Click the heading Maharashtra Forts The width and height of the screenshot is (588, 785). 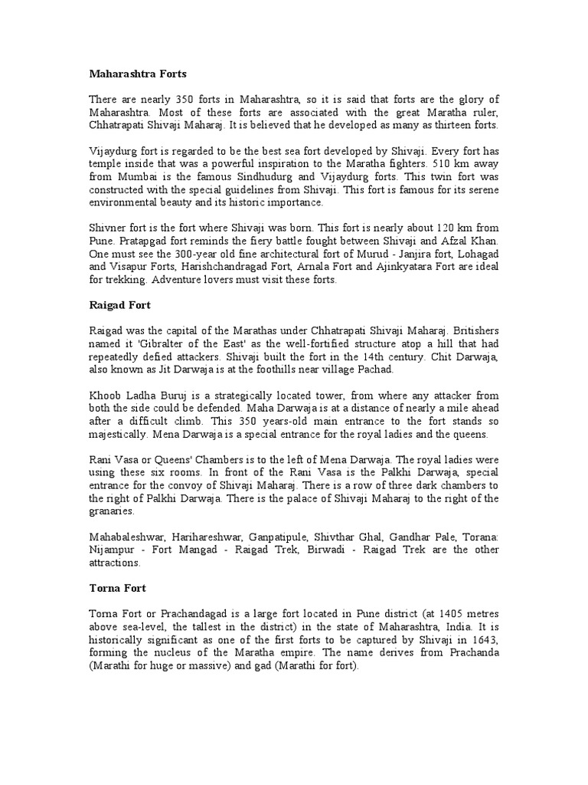coord(138,74)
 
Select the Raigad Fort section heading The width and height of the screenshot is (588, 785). coord(119,304)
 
